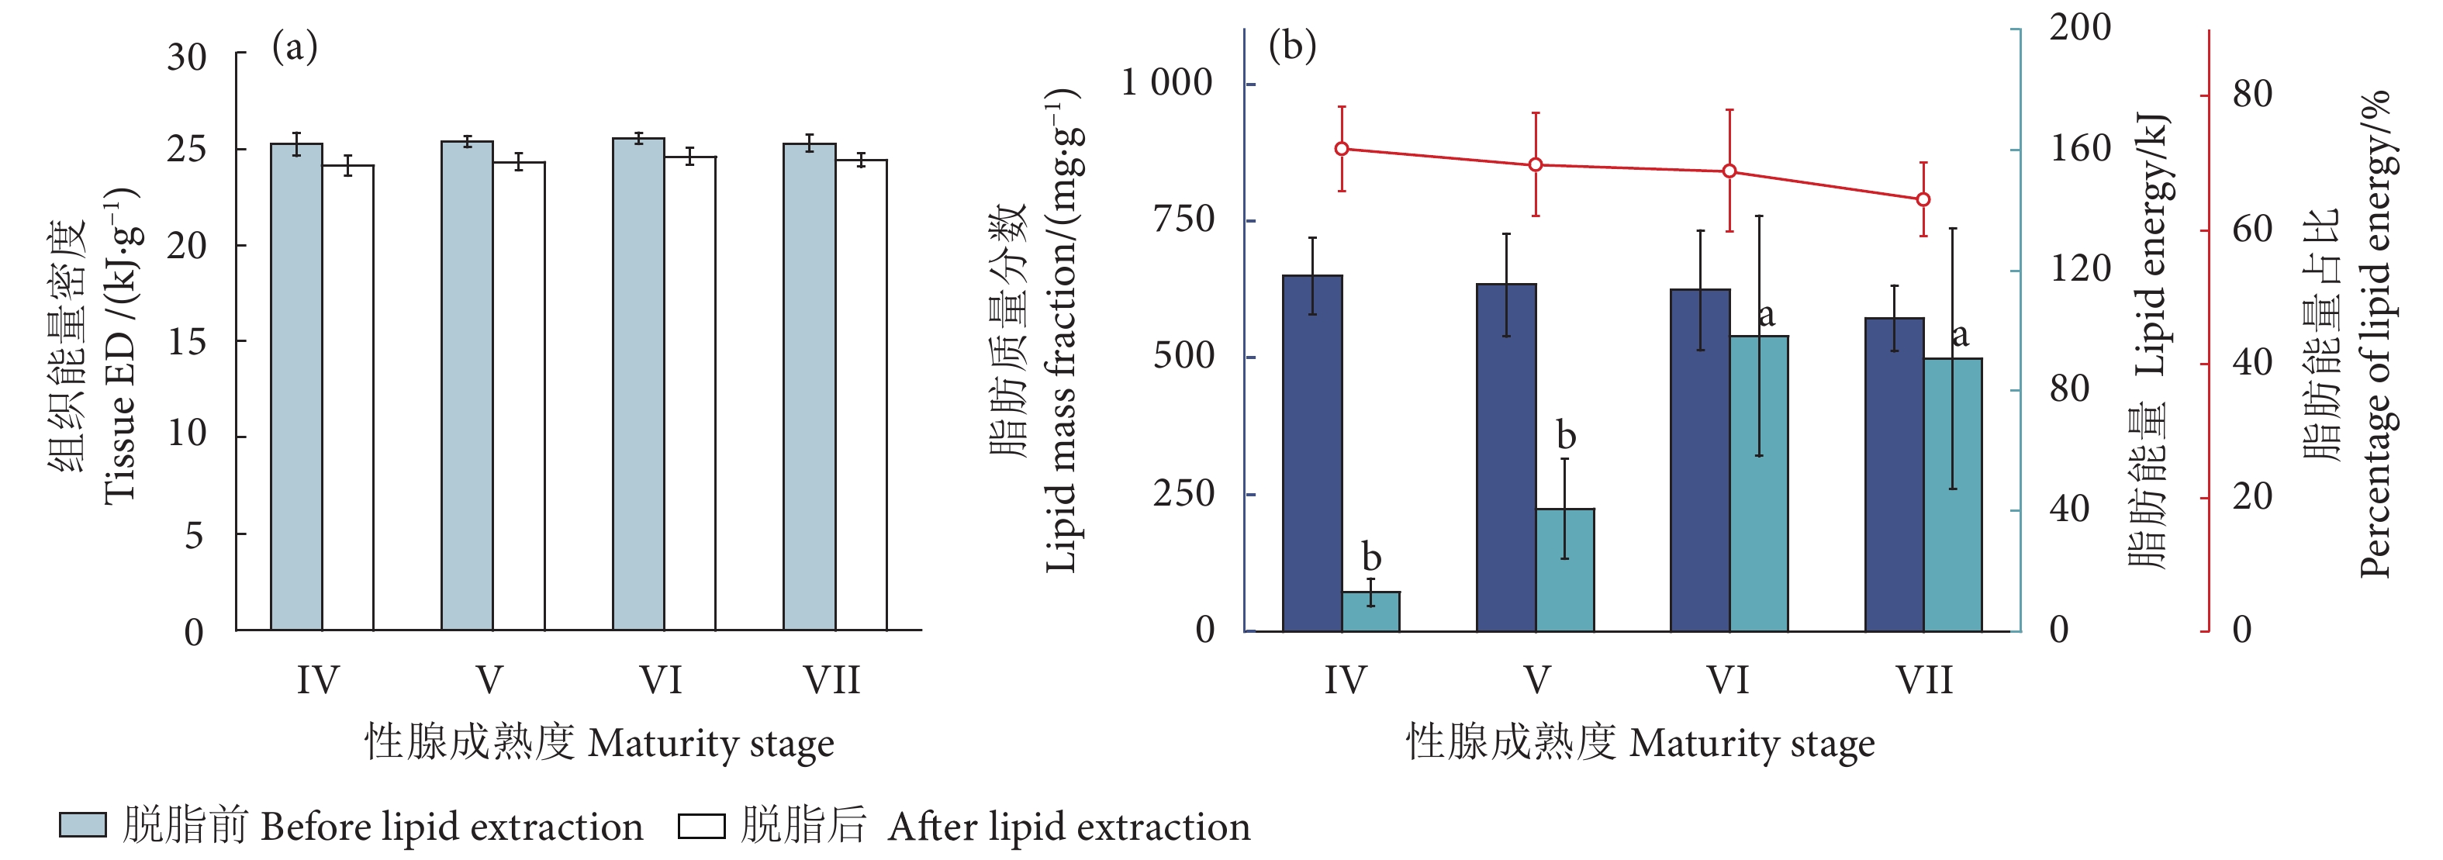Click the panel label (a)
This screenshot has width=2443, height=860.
[x=294, y=47]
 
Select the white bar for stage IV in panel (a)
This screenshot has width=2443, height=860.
[x=348, y=399]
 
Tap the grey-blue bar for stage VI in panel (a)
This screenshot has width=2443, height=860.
[x=638, y=384]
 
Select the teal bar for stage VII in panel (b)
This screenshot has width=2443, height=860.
[x=1953, y=494]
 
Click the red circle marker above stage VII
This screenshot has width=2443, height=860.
[x=1923, y=199]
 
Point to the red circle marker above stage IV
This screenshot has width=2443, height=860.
[x=1342, y=149]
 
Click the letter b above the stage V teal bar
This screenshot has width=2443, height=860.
[x=1566, y=435]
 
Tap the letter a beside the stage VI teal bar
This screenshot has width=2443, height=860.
[x=1765, y=314]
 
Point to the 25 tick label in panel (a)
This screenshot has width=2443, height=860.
[x=187, y=150]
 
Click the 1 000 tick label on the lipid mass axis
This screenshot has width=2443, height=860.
[x=1166, y=84]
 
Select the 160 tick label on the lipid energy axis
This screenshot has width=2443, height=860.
[x=2081, y=149]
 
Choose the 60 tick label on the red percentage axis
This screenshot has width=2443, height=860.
[x=2252, y=230]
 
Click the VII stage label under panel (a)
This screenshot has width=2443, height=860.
[x=831, y=681]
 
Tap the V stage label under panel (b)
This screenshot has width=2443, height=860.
[x=1537, y=681]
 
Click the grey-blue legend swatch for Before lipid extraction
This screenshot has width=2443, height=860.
[x=82, y=825]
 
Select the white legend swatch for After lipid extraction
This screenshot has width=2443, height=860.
[x=702, y=826]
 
